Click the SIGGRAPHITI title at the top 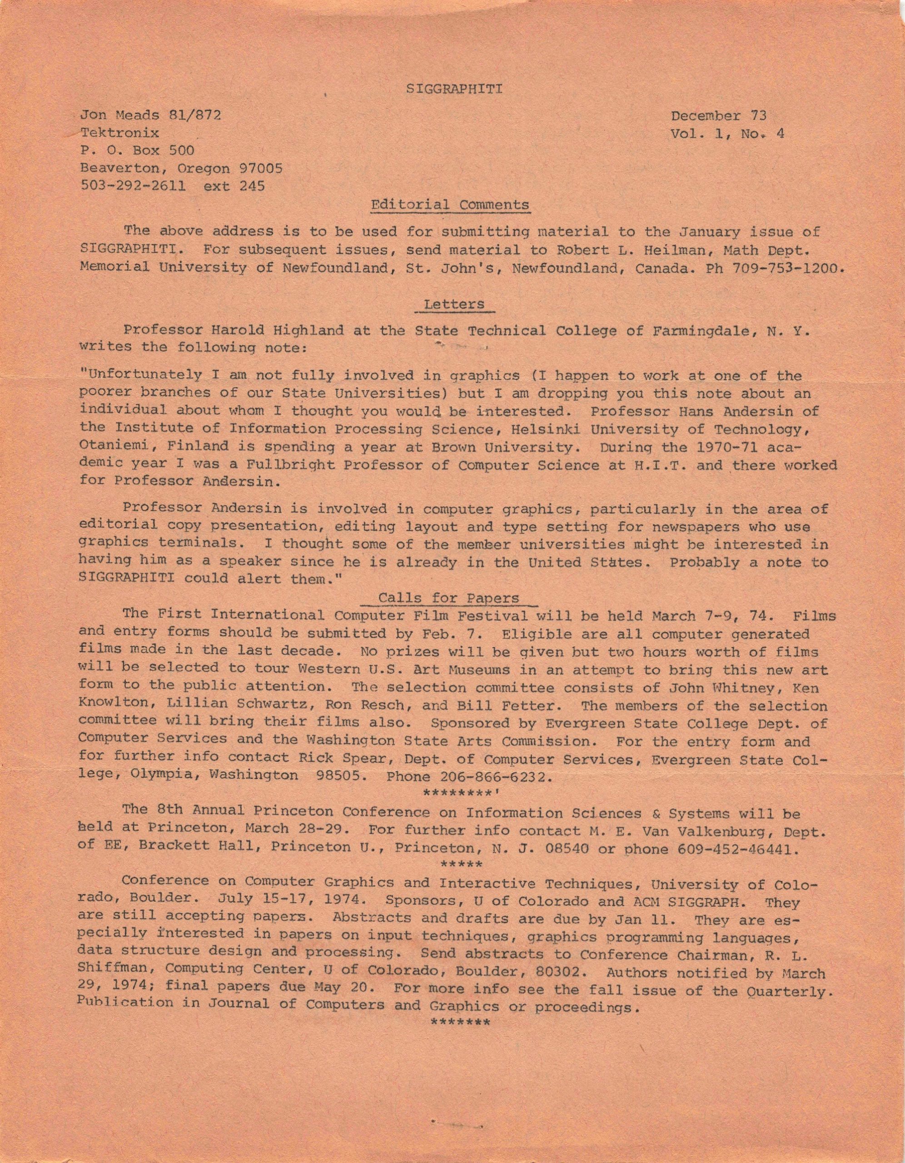[x=454, y=89]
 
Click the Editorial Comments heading [x=450, y=205]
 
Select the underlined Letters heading [x=454, y=304]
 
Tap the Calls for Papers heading [x=448, y=598]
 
